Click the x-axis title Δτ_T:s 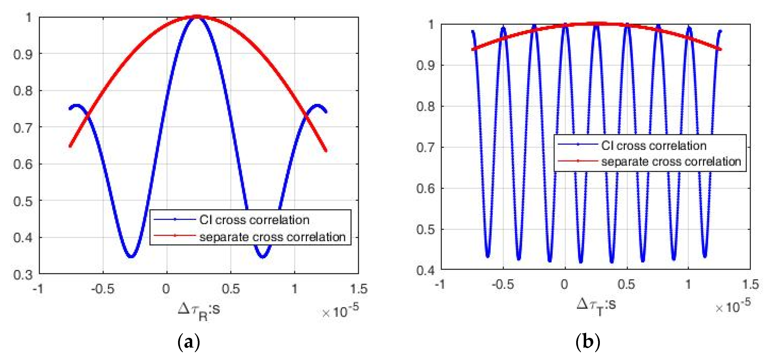pyautogui.click(x=596, y=306)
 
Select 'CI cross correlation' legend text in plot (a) pyautogui.click(x=254, y=220)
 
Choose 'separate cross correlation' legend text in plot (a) pyautogui.click(x=272, y=237)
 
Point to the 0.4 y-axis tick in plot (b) pyautogui.click(x=425, y=270)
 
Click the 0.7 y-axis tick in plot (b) pyautogui.click(x=425, y=147)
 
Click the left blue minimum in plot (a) pyautogui.click(x=131, y=256)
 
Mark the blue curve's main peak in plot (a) pyautogui.click(x=197, y=17)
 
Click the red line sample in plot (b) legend pyautogui.click(x=578, y=161)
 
